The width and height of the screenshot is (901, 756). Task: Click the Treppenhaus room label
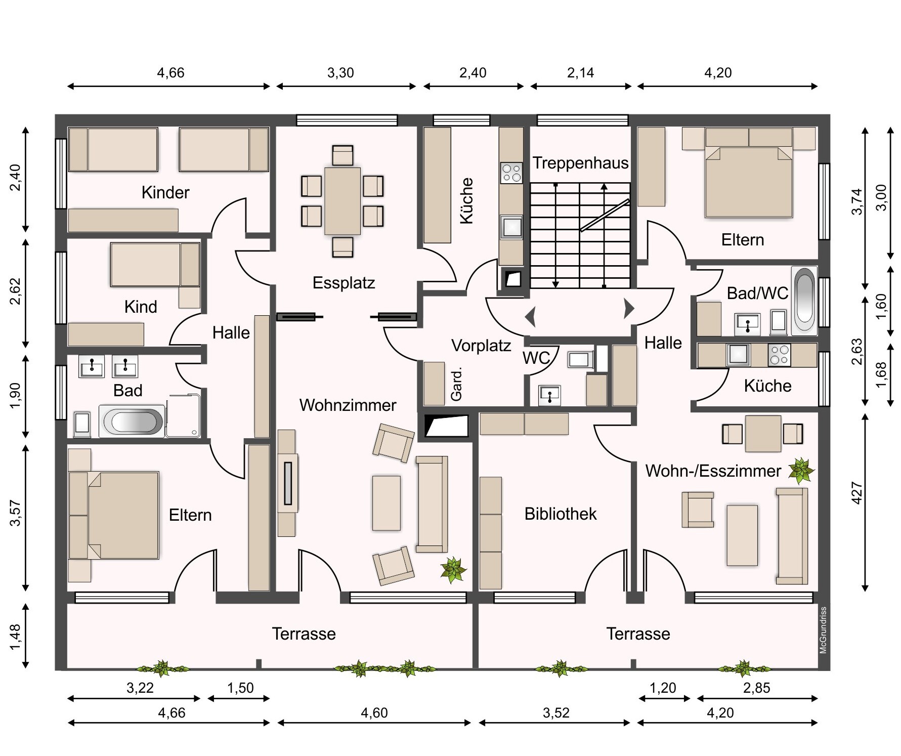[580, 163]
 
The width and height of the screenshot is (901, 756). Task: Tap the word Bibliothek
[561, 514]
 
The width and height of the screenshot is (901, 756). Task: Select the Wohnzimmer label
[348, 405]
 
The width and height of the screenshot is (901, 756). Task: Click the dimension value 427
[857, 492]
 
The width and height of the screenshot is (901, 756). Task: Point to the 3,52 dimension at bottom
[556, 712]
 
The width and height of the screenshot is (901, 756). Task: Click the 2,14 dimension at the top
[580, 73]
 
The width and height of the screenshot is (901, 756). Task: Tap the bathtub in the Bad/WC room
[805, 301]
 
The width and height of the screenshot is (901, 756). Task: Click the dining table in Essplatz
[342, 201]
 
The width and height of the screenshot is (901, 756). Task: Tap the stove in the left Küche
[511, 173]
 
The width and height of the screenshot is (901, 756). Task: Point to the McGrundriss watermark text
[823, 630]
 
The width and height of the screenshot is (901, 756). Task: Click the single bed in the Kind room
[155, 265]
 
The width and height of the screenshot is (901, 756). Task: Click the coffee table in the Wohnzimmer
[387, 503]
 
